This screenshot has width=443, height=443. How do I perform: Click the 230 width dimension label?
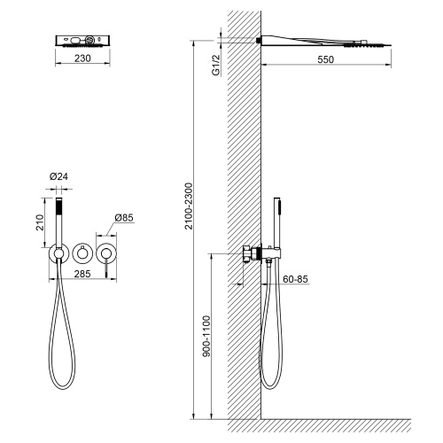click(x=82, y=58)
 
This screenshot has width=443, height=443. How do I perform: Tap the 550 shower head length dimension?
click(x=325, y=59)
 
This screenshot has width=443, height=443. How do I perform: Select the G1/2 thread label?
click(x=216, y=65)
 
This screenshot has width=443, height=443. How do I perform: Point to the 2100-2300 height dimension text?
click(x=189, y=206)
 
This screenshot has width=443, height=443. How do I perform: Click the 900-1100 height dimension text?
click(x=206, y=336)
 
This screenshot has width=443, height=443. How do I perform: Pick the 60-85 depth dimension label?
click(x=295, y=279)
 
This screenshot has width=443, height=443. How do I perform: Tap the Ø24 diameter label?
click(x=58, y=176)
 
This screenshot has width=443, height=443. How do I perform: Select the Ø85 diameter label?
click(x=124, y=218)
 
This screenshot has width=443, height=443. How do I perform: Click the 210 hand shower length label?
click(x=40, y=222)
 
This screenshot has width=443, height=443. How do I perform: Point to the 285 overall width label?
click(x=82, y=274)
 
